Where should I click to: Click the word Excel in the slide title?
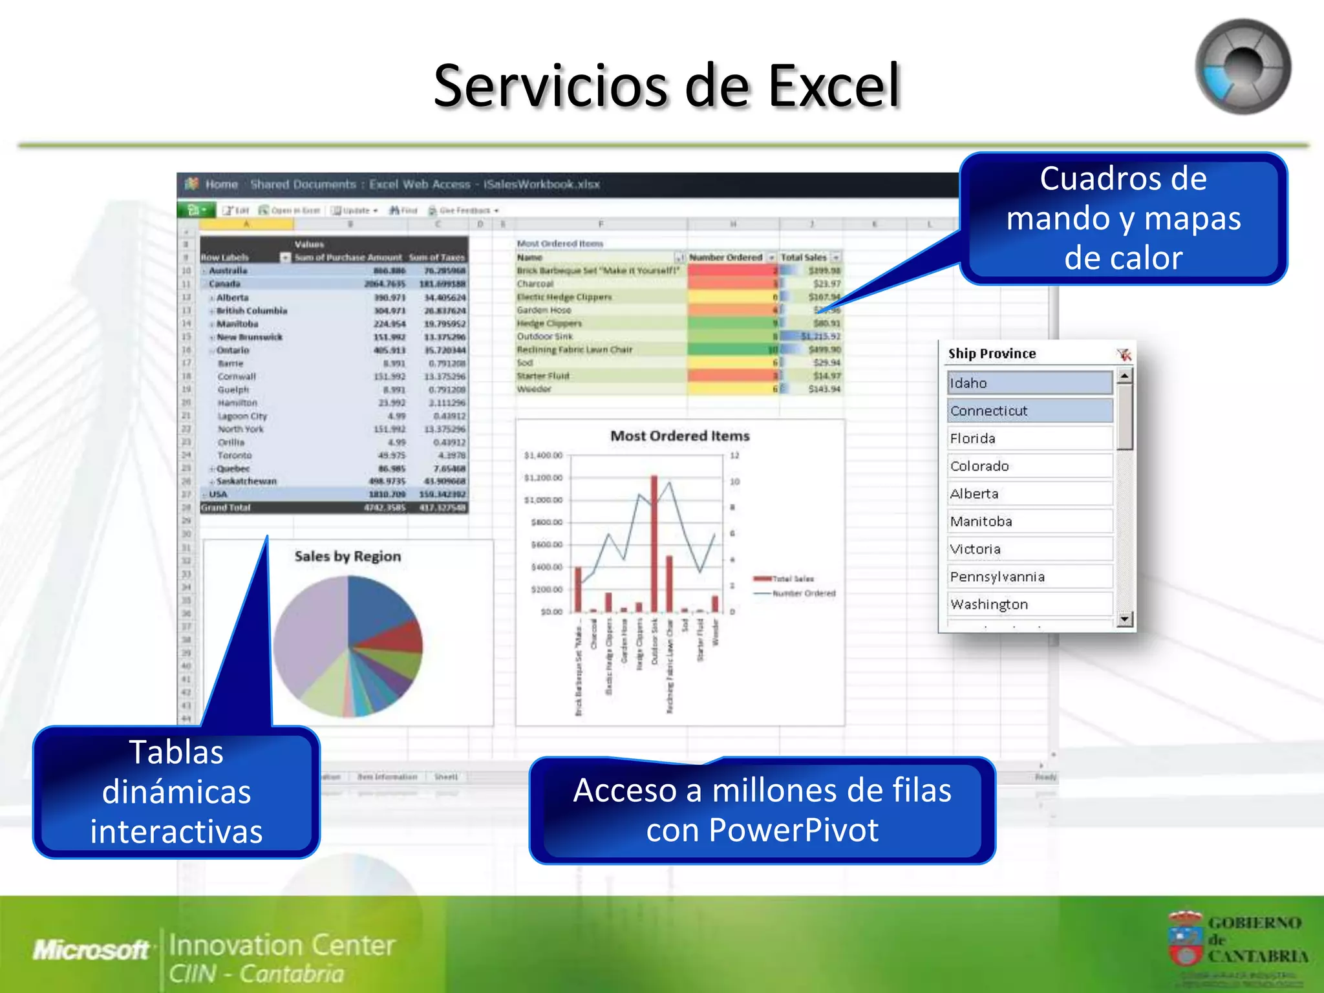[834, 86]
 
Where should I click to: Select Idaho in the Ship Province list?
[1029, 383]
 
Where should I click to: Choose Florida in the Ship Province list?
[1029, 438]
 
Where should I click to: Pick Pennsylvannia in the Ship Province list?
[1029, 577]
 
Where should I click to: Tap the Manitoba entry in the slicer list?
[1029, 521]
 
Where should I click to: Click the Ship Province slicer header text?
[992, 354]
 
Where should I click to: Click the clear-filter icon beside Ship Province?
[1124, 354]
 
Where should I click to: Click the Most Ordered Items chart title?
[679, 436]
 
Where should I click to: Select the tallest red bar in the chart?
[654, 543]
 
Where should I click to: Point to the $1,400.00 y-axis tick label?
[543, 456]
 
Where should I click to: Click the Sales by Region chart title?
[348, 557]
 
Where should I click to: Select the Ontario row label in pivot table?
[233, 350]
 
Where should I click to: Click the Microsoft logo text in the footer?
[91, 950]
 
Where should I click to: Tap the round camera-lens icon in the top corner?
[1243, 67]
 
